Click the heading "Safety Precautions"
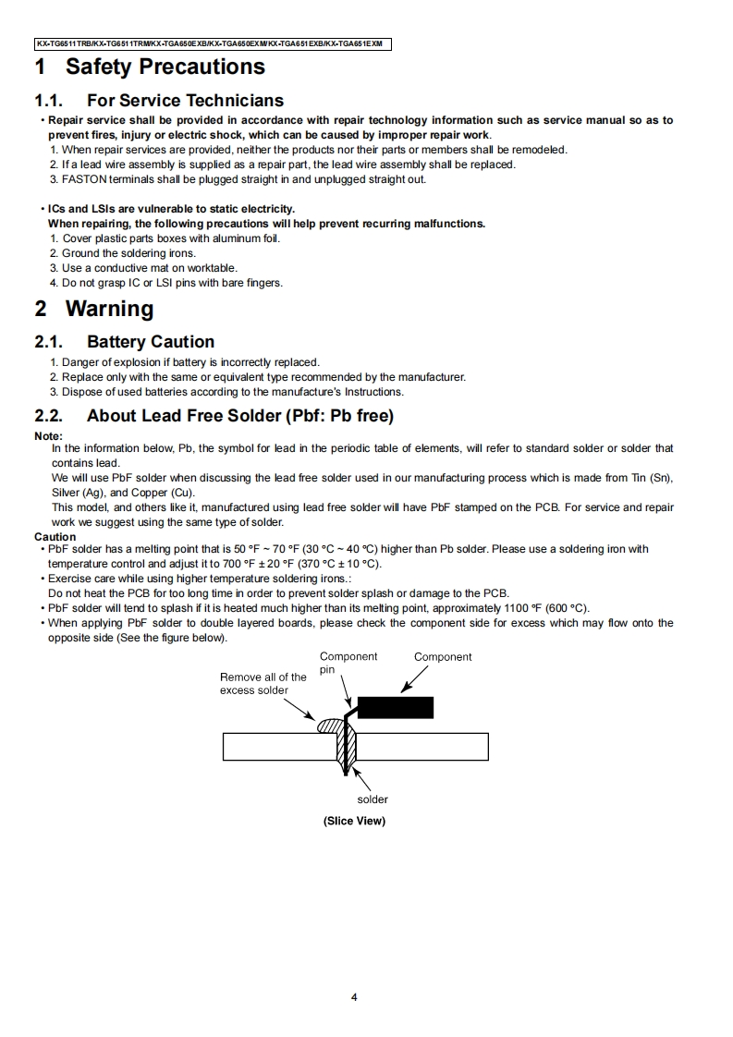[165, 67]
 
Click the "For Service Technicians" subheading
[185, 100]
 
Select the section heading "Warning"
[109, 309]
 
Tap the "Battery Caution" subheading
[150, 342]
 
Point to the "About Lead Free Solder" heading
[240, 416]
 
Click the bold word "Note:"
[48, 436]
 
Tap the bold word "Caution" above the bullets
[55, 537]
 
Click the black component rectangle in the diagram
[395, 707]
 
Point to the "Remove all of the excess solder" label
[263, 684]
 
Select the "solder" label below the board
[373, 799]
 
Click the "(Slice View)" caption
[354, 821]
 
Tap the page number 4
[354, 997]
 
